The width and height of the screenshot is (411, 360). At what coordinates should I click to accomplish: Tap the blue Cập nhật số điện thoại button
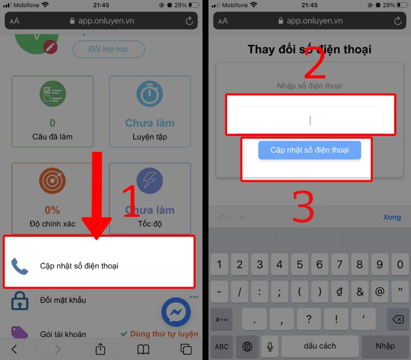(309, 150)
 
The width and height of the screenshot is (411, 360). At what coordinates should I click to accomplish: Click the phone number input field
(309, 121)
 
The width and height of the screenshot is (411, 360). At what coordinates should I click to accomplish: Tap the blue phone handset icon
(20, 266)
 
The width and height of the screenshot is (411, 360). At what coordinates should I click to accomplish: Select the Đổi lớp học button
(108, 49)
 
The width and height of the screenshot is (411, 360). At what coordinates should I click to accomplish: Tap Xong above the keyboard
(391, 217)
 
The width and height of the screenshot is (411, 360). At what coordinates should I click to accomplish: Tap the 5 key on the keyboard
(299, 265)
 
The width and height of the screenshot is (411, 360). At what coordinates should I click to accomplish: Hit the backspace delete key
(397, 319)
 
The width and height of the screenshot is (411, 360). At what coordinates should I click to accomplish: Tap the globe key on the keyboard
(247, 347)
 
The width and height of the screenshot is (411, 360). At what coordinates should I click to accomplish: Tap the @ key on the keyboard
(379, 292)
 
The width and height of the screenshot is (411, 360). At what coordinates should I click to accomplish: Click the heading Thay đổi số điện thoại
(309, 50)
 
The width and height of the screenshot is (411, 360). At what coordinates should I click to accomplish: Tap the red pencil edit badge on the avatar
(50, 47)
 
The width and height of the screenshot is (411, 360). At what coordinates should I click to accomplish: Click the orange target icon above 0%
(52, 181)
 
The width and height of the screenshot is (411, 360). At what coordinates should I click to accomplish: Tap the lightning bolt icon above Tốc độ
(150, 181)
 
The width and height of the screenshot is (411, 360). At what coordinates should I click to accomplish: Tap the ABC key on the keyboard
(221, 347)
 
